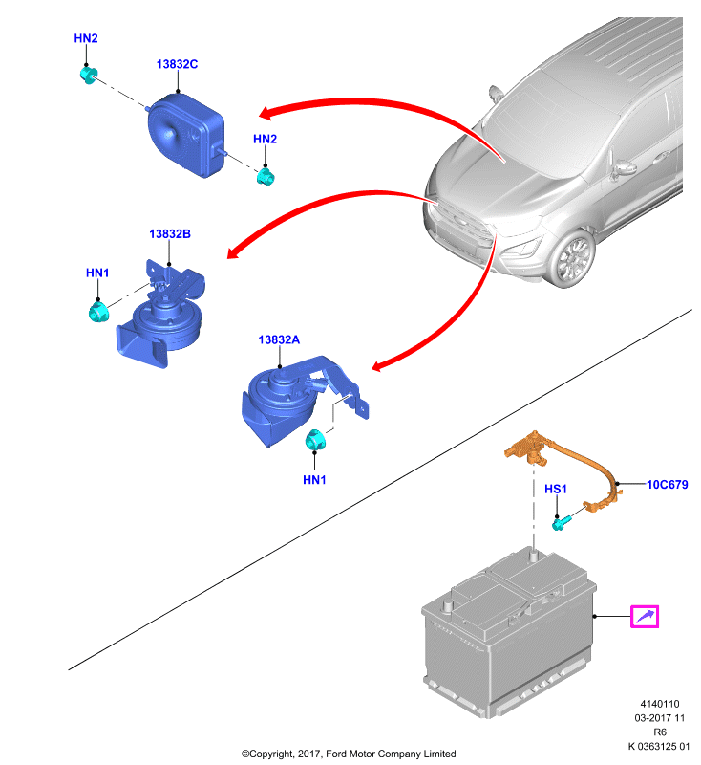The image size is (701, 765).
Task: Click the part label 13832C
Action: (x=177, y=64)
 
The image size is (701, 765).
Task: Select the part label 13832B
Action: (x=170, y=234)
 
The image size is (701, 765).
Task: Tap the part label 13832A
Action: (x=279, y=340)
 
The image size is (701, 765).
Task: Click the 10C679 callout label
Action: (x=667, y=485)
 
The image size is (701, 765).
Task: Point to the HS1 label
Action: (x=555, y=489)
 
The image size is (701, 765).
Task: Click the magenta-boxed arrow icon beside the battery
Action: (x=645, y=616)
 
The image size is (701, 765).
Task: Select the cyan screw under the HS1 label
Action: (x=560, y=523)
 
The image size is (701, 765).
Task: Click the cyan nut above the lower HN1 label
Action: (x=315, y=441)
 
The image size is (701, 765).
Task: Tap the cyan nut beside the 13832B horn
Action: (x=99, y=313)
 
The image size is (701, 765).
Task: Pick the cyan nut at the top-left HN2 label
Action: (x=88, y=76)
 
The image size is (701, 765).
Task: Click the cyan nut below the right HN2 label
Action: (x=266, y=177)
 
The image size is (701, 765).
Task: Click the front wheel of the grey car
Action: (x=573, y=258)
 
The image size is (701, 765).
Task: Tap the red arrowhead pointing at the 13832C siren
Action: (x=267, y=113)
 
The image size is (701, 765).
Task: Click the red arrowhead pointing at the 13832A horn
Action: (x=380, y=365)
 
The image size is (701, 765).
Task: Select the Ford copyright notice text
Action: (x=349, y=754)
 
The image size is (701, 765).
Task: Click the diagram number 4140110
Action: (x=660, y=704)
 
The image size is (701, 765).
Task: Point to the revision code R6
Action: (x=660, y=732)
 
